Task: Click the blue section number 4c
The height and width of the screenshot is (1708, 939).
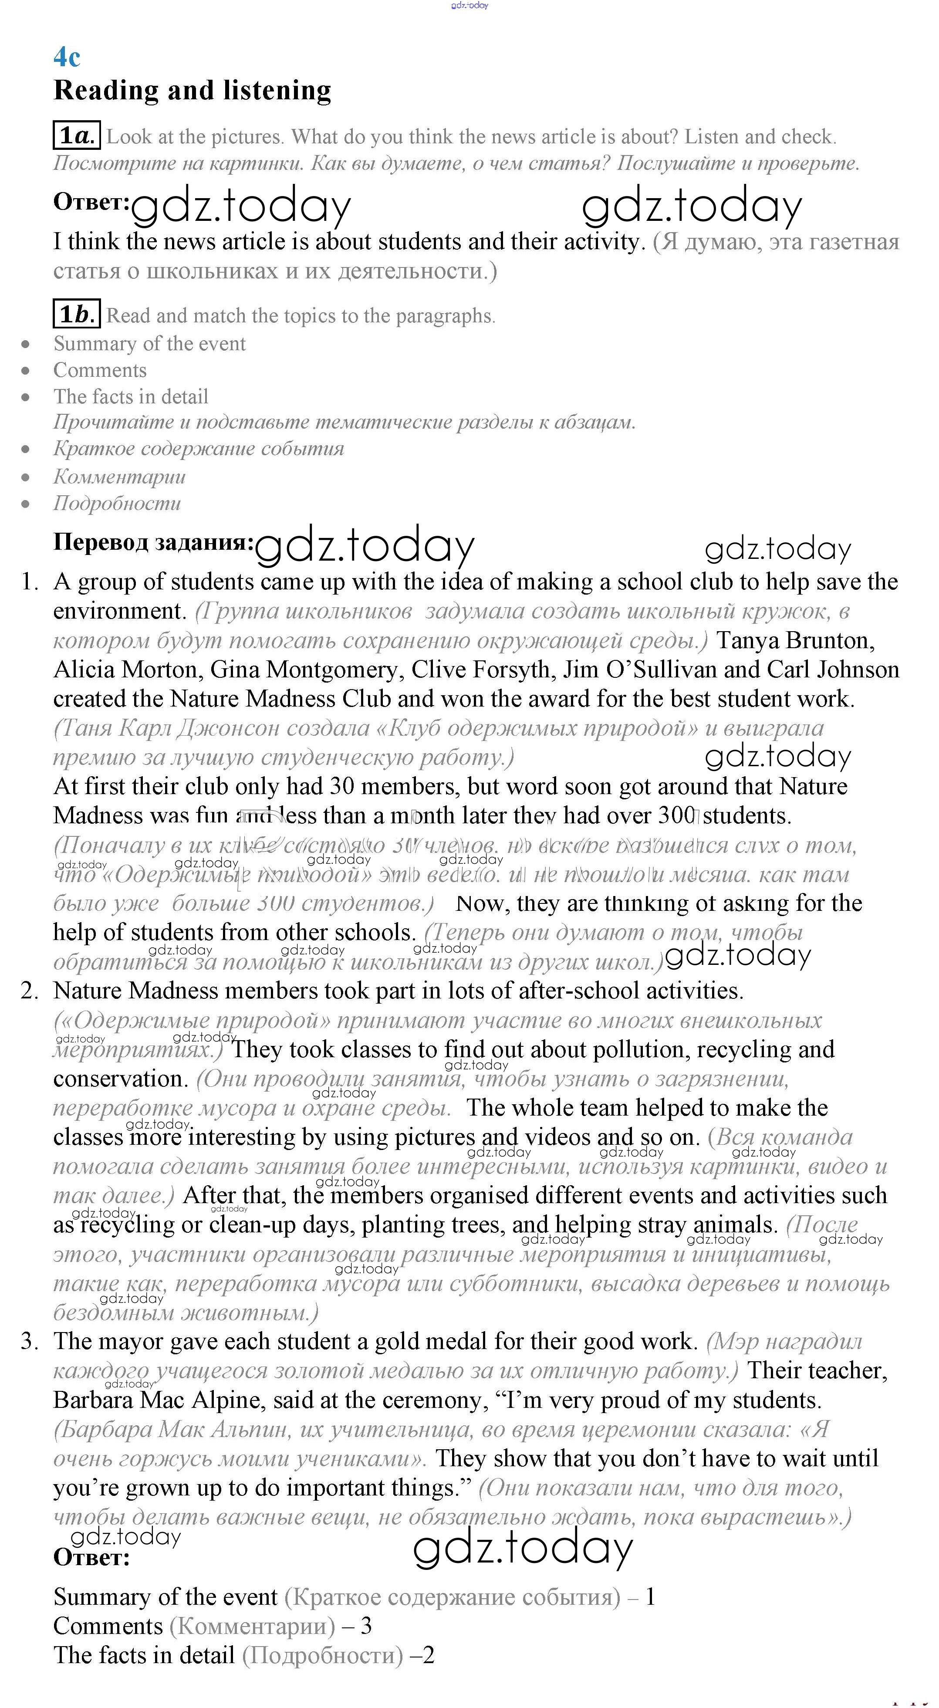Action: coord(67,57)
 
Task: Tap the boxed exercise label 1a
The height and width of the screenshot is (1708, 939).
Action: coord(76,135)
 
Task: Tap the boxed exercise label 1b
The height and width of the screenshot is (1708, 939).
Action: coord(76,314)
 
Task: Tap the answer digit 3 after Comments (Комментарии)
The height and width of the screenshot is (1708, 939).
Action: coord(365,1626)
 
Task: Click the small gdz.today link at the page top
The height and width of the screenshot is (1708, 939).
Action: coord(469,5)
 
